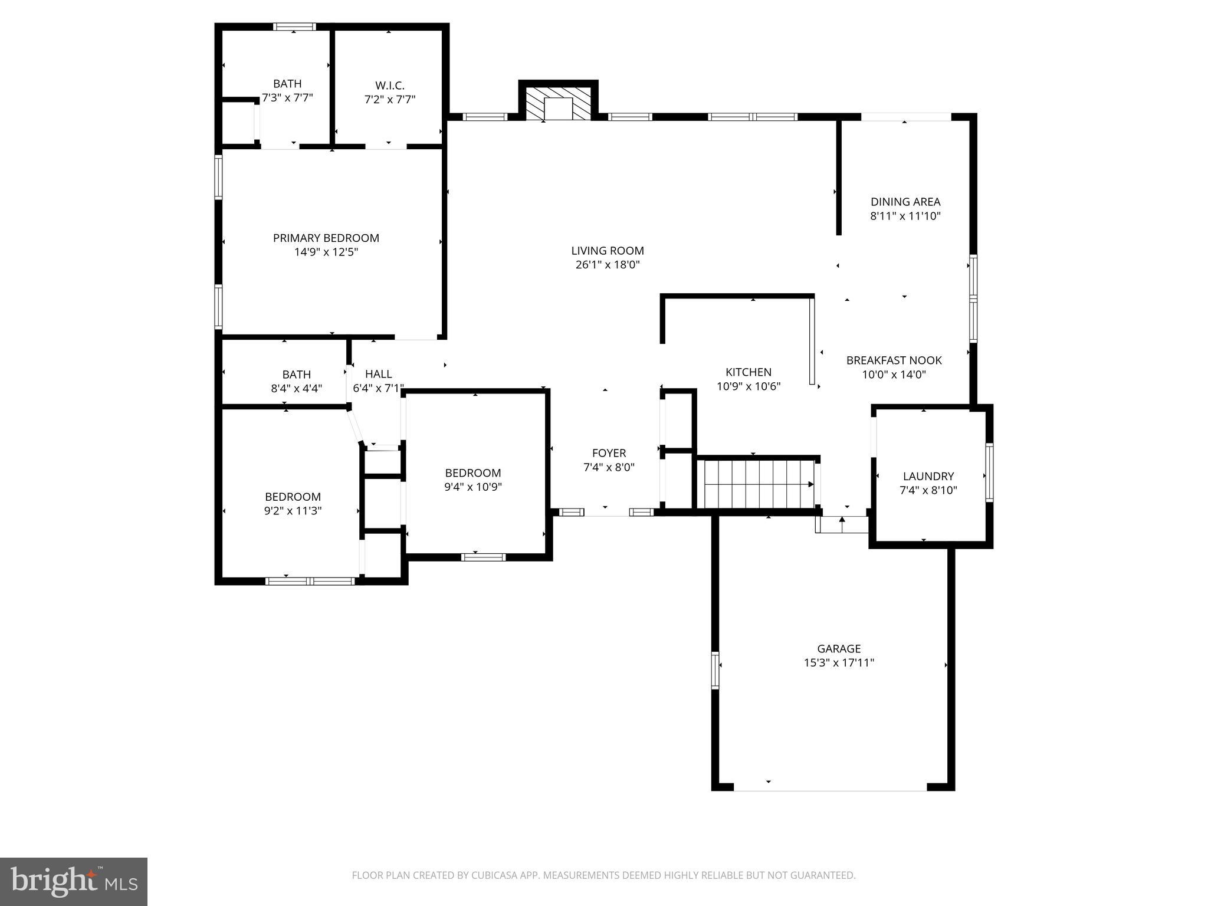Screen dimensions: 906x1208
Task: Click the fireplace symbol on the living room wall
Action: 558,105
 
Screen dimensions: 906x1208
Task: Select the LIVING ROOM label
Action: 608,251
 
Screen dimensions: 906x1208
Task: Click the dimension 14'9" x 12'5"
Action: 326,252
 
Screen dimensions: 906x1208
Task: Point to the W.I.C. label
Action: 390,86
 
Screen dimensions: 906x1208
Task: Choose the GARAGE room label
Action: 839,649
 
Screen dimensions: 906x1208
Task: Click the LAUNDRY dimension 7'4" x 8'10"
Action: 928,490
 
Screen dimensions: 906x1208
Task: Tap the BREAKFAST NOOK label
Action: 894,360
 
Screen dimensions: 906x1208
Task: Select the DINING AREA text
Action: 905,202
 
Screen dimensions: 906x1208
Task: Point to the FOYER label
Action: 609,453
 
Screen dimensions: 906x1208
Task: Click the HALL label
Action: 378,374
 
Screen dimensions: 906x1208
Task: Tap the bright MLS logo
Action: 73,881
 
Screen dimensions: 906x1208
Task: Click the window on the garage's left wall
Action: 715,671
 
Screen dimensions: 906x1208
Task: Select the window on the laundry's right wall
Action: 989,472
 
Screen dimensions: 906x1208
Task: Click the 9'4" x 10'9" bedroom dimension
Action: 473,487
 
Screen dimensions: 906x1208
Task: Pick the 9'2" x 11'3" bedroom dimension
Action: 293,511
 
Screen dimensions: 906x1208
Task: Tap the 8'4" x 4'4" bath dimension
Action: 296,389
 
